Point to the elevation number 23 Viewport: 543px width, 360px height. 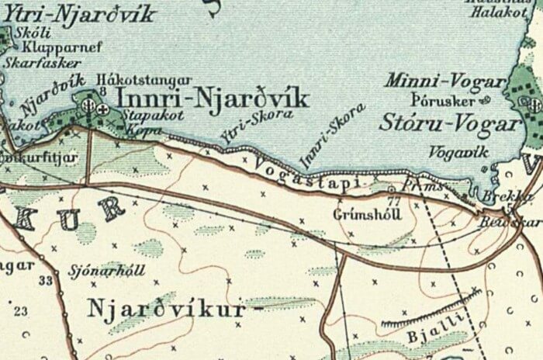click(x=19, y=311)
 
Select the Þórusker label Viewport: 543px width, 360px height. click(x=440, y=100)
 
